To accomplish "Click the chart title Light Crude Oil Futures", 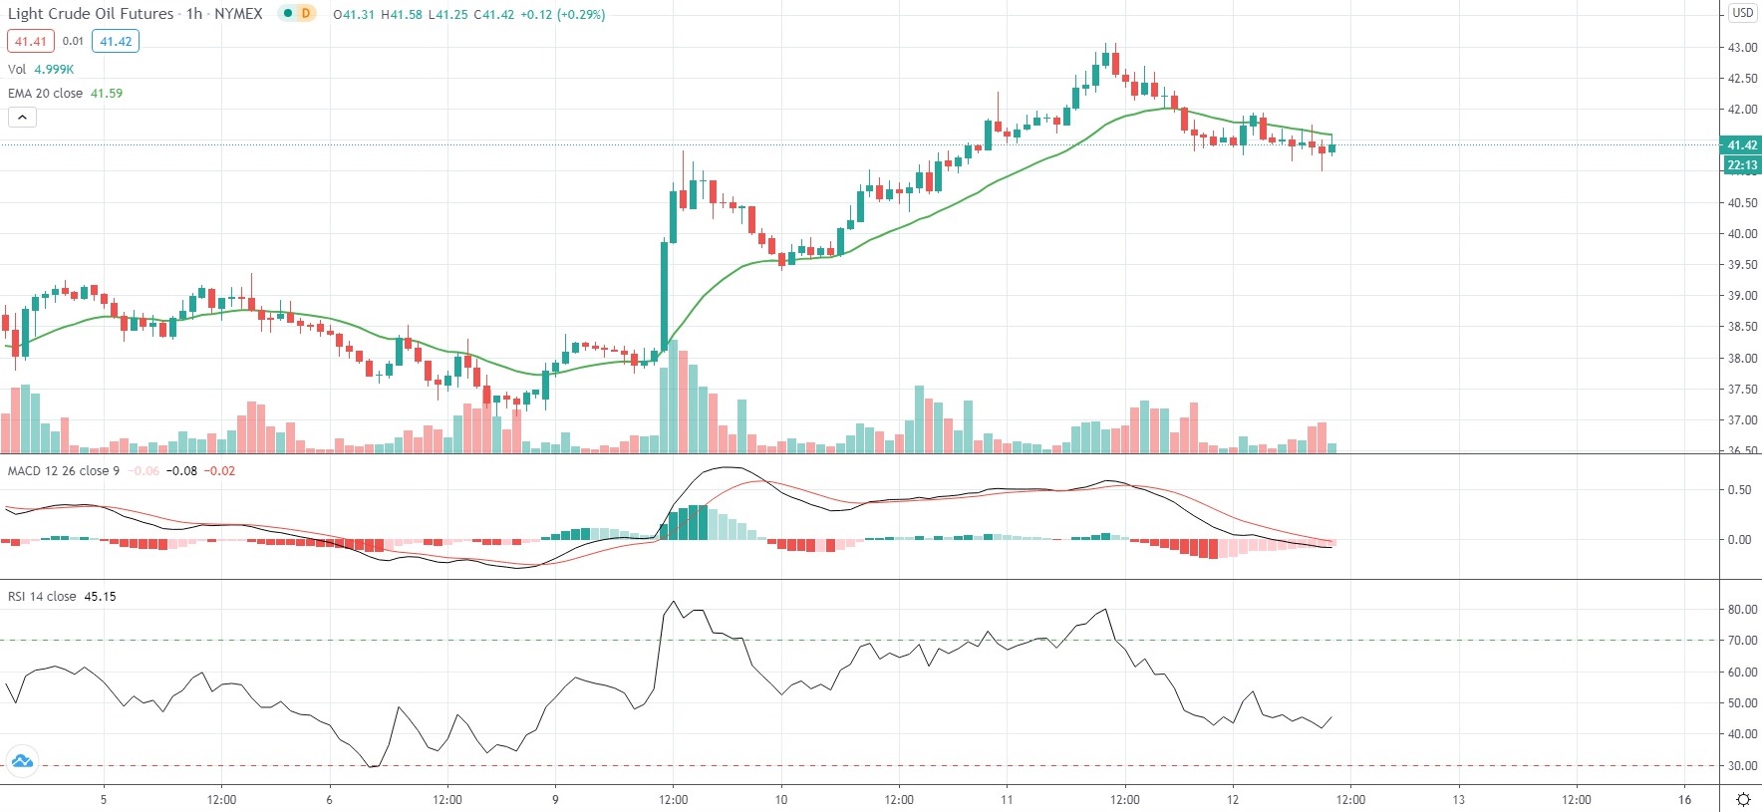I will point(91,14).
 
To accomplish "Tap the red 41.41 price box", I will point(30,42).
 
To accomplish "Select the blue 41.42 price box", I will point(116,42).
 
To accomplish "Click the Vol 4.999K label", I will point(41,69).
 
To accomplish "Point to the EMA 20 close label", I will point(46,93).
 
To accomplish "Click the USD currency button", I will point(1742,13).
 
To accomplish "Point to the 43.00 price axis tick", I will point(1742,48).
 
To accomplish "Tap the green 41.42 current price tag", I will point(1742,145).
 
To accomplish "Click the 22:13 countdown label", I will point(1742,165).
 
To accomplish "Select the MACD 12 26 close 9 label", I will point(64,470).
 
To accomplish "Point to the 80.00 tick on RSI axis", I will point(1742,610).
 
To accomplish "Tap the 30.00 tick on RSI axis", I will point(1742,766).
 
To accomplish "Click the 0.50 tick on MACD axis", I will point(1739,490).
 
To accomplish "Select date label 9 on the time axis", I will point(555,799).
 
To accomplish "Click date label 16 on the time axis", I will point(1684,799).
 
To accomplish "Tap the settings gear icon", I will point(1743,799).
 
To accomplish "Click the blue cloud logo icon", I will point(22,762).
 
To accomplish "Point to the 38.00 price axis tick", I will point(1742,359).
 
